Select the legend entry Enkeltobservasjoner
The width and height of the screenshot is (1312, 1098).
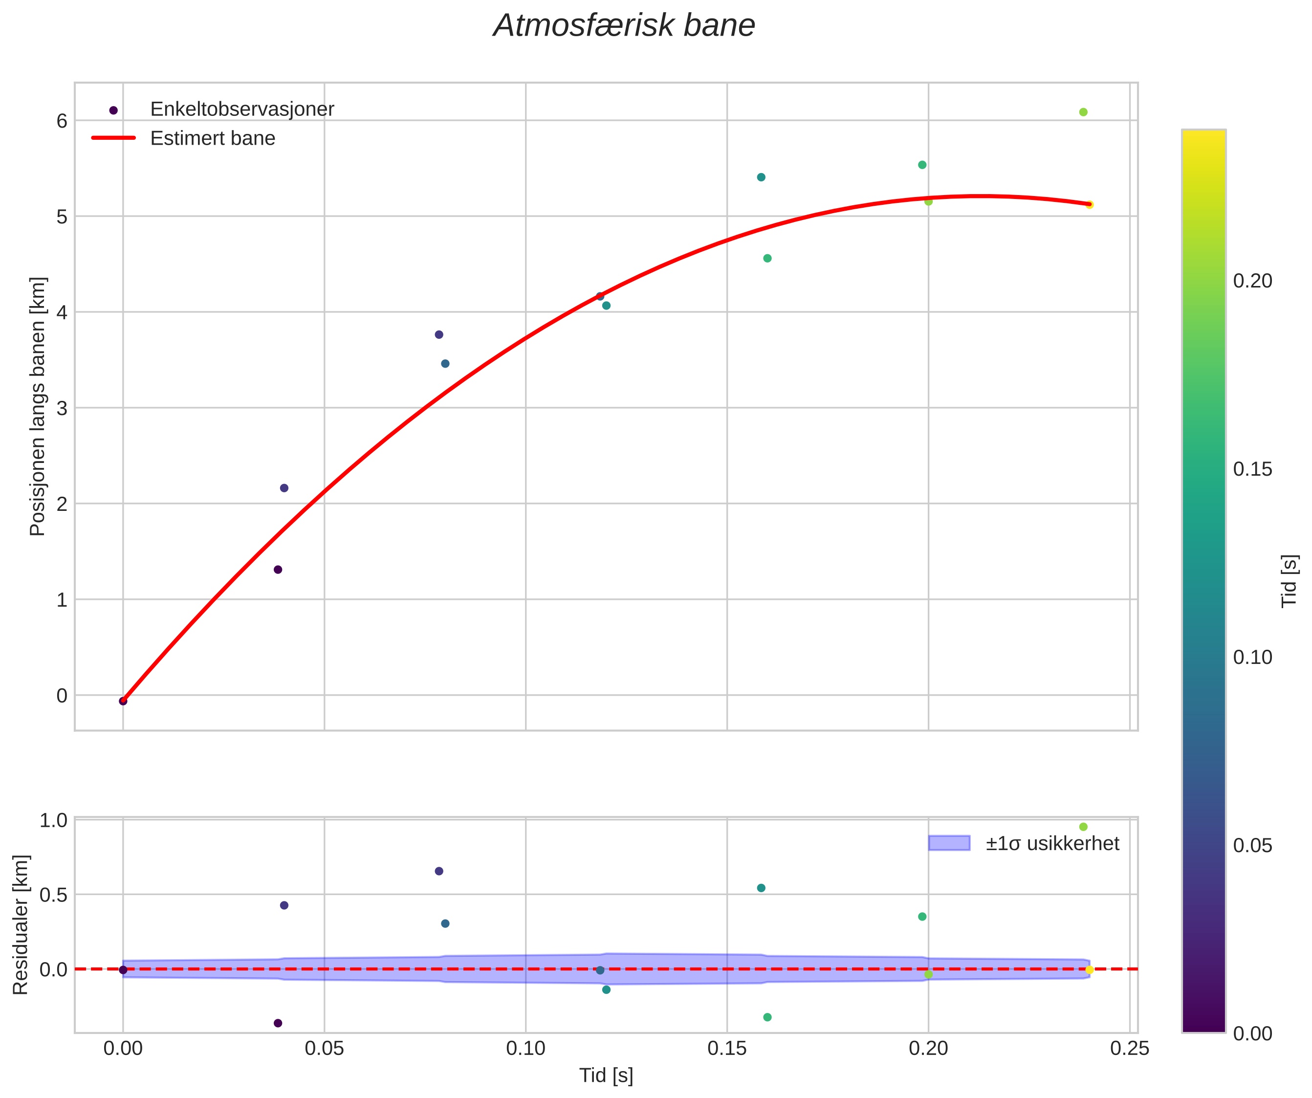pos(242,110)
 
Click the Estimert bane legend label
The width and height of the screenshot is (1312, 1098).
pos(213,138)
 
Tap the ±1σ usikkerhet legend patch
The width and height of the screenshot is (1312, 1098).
pos(949,843)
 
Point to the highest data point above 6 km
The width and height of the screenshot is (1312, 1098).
pos(1083,112)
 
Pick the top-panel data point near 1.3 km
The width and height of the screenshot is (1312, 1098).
pos(278,570)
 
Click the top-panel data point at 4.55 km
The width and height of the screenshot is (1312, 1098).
pos(767,259)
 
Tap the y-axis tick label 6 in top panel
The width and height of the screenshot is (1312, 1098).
pos(62,121)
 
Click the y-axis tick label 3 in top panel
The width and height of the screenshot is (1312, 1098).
pos(62,408)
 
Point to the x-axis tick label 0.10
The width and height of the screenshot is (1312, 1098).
pos(525,1048)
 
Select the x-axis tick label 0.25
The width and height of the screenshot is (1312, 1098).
pos(1130,1048)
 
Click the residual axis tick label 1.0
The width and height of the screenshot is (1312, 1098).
pos(53,820)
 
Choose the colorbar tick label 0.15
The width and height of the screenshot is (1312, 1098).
pos(1252,469)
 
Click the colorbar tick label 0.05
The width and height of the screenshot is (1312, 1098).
pos(1252,845)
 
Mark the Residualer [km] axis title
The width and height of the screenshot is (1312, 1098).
pos(21,924)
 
